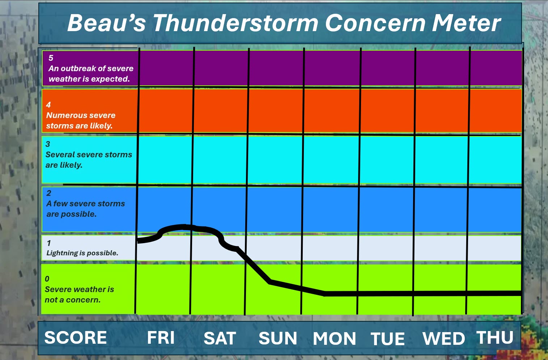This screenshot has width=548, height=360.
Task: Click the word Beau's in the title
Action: click(x=107, y=23)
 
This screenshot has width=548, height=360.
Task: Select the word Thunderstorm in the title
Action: click(x=236, y=23)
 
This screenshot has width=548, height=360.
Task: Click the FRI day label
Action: click(x=161, y=338)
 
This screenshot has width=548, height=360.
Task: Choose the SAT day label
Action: click(x=220, y=338)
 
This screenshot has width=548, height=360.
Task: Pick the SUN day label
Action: click(x=278, y=338)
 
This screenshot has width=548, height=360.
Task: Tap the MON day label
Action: click(x=335, y=339)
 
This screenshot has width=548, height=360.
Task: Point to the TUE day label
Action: click(x=388, y=339)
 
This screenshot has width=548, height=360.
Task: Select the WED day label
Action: click(x=443, y=339)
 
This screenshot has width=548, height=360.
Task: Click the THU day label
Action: click(x=495, y=337)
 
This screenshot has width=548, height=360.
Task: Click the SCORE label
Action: click(x=76, y=338)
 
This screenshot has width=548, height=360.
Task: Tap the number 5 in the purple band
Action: click(x=51, y=58)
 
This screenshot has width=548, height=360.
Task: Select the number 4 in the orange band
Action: click(x=48, y=105)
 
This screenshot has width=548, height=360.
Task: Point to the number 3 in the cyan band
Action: click(x=48, y=144)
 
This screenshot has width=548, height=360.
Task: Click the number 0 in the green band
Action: click(x=47, y=279)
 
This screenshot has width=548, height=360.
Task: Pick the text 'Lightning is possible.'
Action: click(x=82, y=253)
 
